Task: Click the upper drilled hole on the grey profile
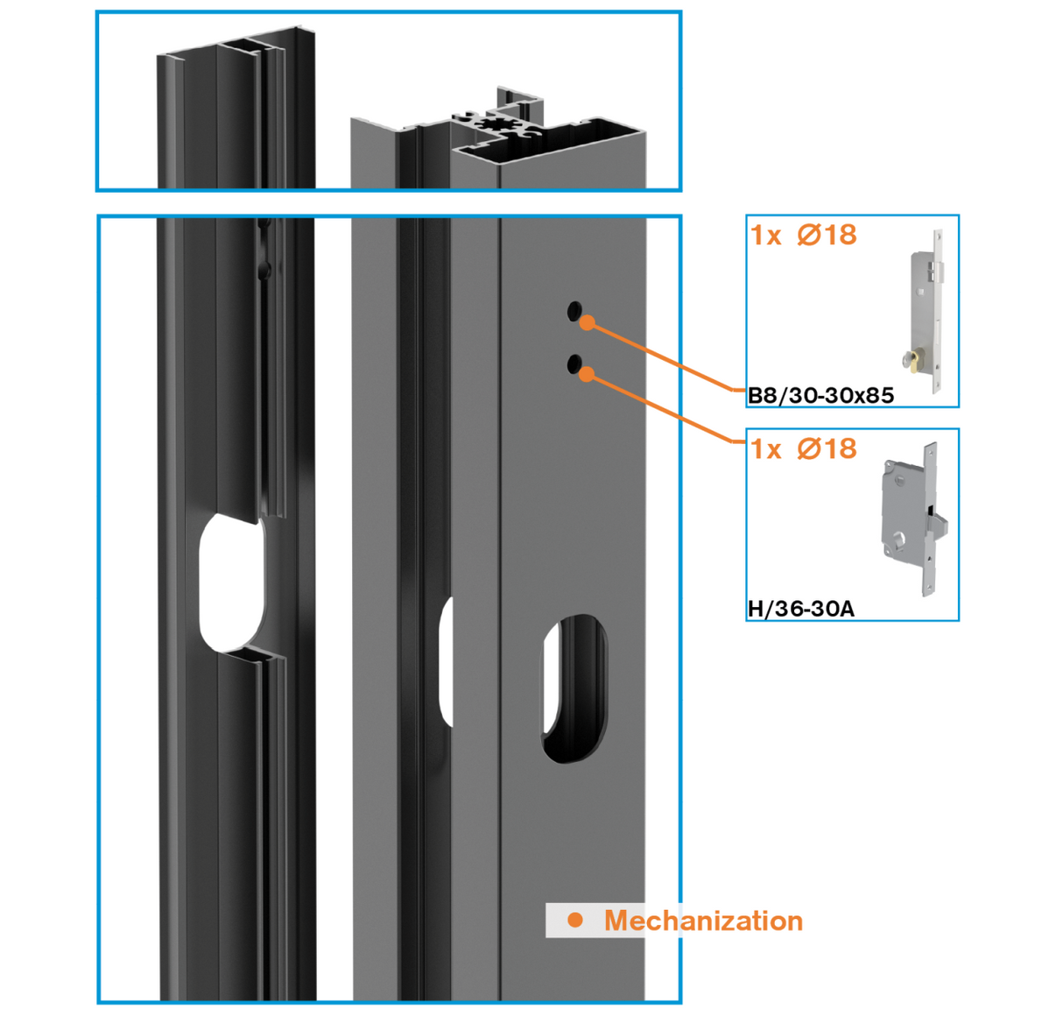pyautogui.click(x=574, y=310)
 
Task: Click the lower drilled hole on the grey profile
pyautogui.click(x=574, y=363)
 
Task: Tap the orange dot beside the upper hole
pyautogui.click(x=588, y=323)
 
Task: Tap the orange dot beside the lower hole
pyautogui.click(x=588, y=375)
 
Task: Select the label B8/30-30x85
pyautogui.click(x=820, y=395)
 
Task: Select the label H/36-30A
pyautogui.click(x=800, y=609)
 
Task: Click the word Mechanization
pyautogui.click(x=703, y=921)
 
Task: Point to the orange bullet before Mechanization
pyautogui.click(x=575, y=920)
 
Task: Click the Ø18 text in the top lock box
pyautogui.click(x=827, y=235)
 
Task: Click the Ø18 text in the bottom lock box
pyautogui.click(x=827, y=448)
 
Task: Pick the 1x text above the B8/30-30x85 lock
pyautogui.click(x=766, y=236)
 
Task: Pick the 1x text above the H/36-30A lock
pyautogui.click(x=766, y=449)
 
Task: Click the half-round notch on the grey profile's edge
pyautogui.click(x=447, y=662)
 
